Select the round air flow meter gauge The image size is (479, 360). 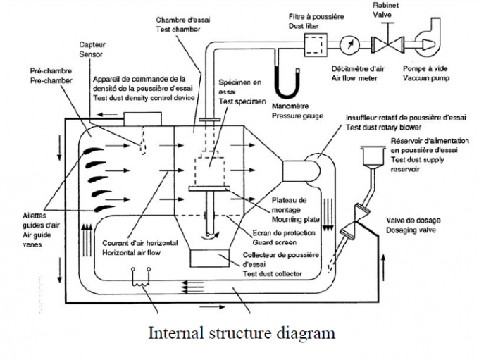[x=347, y=43]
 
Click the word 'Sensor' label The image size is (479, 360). [x=89, y=52]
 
